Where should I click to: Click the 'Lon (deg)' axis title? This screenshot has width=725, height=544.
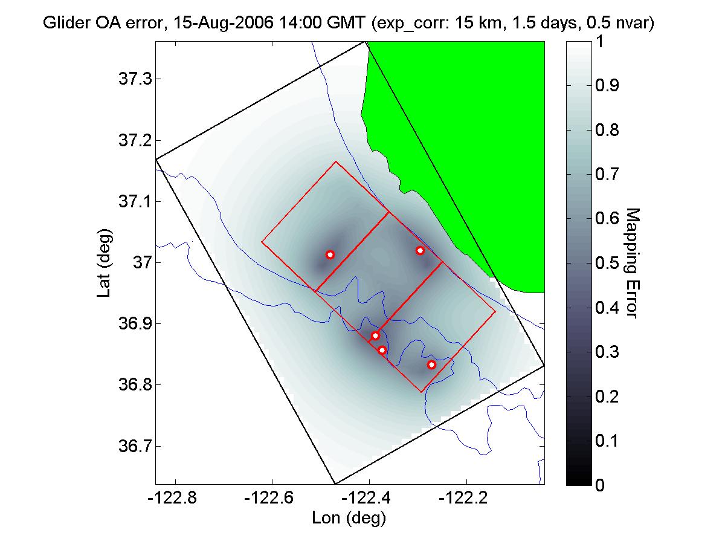coord(349,518)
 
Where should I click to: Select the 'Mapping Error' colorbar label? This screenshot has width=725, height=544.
coord(632,262)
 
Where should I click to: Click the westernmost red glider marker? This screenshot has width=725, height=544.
coord(330,254)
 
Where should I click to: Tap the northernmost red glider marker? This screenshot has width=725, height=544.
coord(420,250)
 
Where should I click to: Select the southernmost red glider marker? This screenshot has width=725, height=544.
coord(431,364)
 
